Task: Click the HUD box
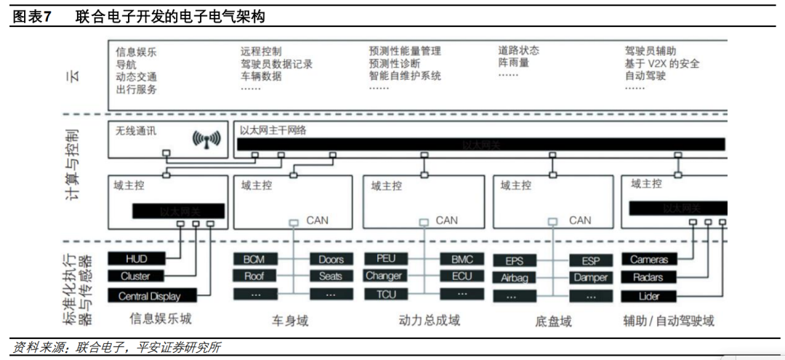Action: tap(136, 259)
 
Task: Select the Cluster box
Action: tap(136, 276)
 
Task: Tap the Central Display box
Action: tap(149, 296)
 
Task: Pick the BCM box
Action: tap(254, 259)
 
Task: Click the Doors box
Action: tap(331, 259)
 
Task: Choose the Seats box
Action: tap(331, 276)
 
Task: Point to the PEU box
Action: tap(386, 258)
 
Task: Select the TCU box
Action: tap(386, 294)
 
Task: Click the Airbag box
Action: tap(514, 278)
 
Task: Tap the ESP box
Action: tap(590, 260)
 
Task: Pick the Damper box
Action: tap(590, 278)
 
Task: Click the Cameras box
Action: tap(648, 260)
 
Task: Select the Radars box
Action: tap(648, 277)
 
